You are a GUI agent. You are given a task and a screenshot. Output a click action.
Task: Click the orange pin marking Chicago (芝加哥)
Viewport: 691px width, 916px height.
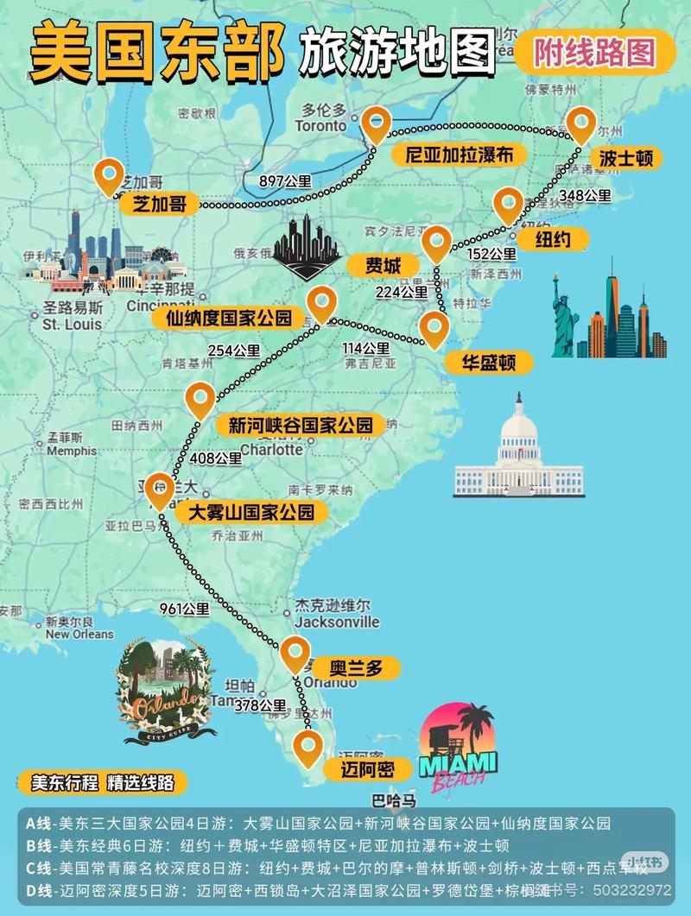point(109,176)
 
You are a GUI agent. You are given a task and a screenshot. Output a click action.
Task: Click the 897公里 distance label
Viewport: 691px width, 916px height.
point(285,181)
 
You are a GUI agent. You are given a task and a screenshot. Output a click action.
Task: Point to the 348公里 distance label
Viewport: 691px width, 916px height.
point(585,196)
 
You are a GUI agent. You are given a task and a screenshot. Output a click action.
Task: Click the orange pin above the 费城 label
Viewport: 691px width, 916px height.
point(436,243)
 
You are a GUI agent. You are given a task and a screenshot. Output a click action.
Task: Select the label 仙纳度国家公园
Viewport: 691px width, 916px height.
point(229,318)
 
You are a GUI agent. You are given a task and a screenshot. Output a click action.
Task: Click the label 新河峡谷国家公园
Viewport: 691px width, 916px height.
point(301,425)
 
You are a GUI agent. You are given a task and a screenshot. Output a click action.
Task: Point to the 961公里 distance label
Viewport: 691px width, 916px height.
point(185,609)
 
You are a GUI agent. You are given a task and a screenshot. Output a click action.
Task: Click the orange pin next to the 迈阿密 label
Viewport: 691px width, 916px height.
point(307,749)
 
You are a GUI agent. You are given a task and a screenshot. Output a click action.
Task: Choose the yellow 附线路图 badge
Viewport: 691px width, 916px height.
point(593,54)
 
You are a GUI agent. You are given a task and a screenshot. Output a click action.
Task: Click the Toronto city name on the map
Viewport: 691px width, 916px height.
point(320,126)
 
